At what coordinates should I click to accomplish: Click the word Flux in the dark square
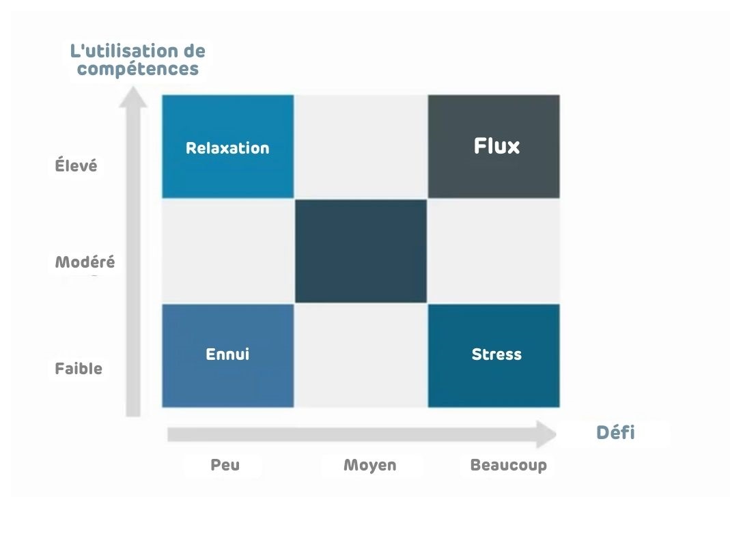tap(496, 146)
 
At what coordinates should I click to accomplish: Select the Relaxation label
tap(227, 148)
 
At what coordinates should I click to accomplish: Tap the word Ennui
tap(227, 354)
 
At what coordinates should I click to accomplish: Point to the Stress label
tap(496, 354)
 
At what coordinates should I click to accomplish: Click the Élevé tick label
tap(76, 166)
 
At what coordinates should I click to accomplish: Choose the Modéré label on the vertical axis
tap(85, 262)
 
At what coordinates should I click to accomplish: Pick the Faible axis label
tap(79, 369)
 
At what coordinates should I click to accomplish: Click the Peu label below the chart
tap(225, 466)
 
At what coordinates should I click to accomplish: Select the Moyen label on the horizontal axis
tap(369, 466)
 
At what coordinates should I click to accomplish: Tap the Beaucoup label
tap(508, 466)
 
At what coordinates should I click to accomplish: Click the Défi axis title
tap(615, 432)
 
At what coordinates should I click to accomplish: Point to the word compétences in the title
tap(138, 69)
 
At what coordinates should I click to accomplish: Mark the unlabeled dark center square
tap(361, 251)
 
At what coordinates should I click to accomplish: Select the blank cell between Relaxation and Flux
tap(361, 146)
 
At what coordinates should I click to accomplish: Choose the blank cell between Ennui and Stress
tap(361, 355)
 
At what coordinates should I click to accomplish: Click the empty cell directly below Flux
tap(494, 251)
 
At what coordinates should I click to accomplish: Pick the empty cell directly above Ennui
tap(227, 251)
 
